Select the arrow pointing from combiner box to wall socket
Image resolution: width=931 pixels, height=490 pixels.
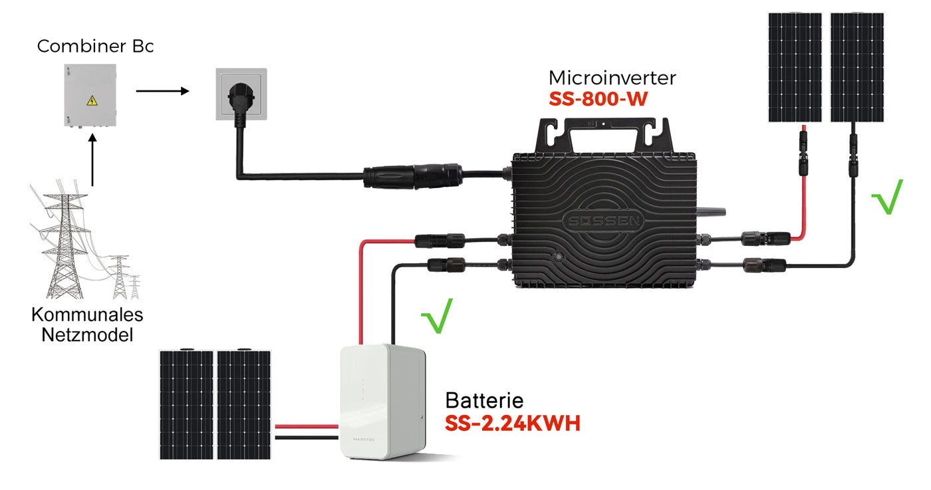(x=162, y=90)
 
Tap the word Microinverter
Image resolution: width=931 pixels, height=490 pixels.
(x=612, y=78)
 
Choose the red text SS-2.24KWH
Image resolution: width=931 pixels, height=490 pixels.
(x=512, y=423)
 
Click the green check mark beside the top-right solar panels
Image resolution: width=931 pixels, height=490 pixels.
(x=887, y=197)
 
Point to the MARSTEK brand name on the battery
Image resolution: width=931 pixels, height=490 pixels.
(x=359, y=437)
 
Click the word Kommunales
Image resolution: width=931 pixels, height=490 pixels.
(x=87, y=315)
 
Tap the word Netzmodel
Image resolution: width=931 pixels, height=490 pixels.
(x=87, y=334)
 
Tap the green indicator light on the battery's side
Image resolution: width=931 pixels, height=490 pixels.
(x=422, y=418)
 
